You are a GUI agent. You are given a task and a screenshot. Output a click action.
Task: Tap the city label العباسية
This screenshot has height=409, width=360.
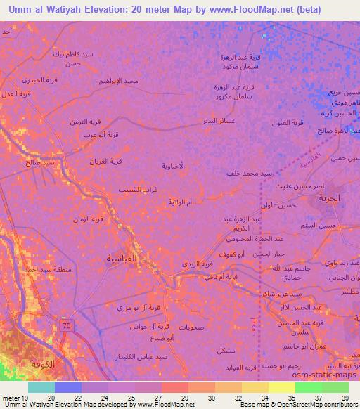point(121,259)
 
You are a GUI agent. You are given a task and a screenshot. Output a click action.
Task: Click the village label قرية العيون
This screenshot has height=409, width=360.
point(288,123)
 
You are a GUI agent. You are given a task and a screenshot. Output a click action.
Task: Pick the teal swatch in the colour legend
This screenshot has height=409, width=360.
point(41,387)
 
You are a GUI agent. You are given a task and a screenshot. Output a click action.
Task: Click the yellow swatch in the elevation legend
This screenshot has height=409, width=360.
point(283,387)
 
